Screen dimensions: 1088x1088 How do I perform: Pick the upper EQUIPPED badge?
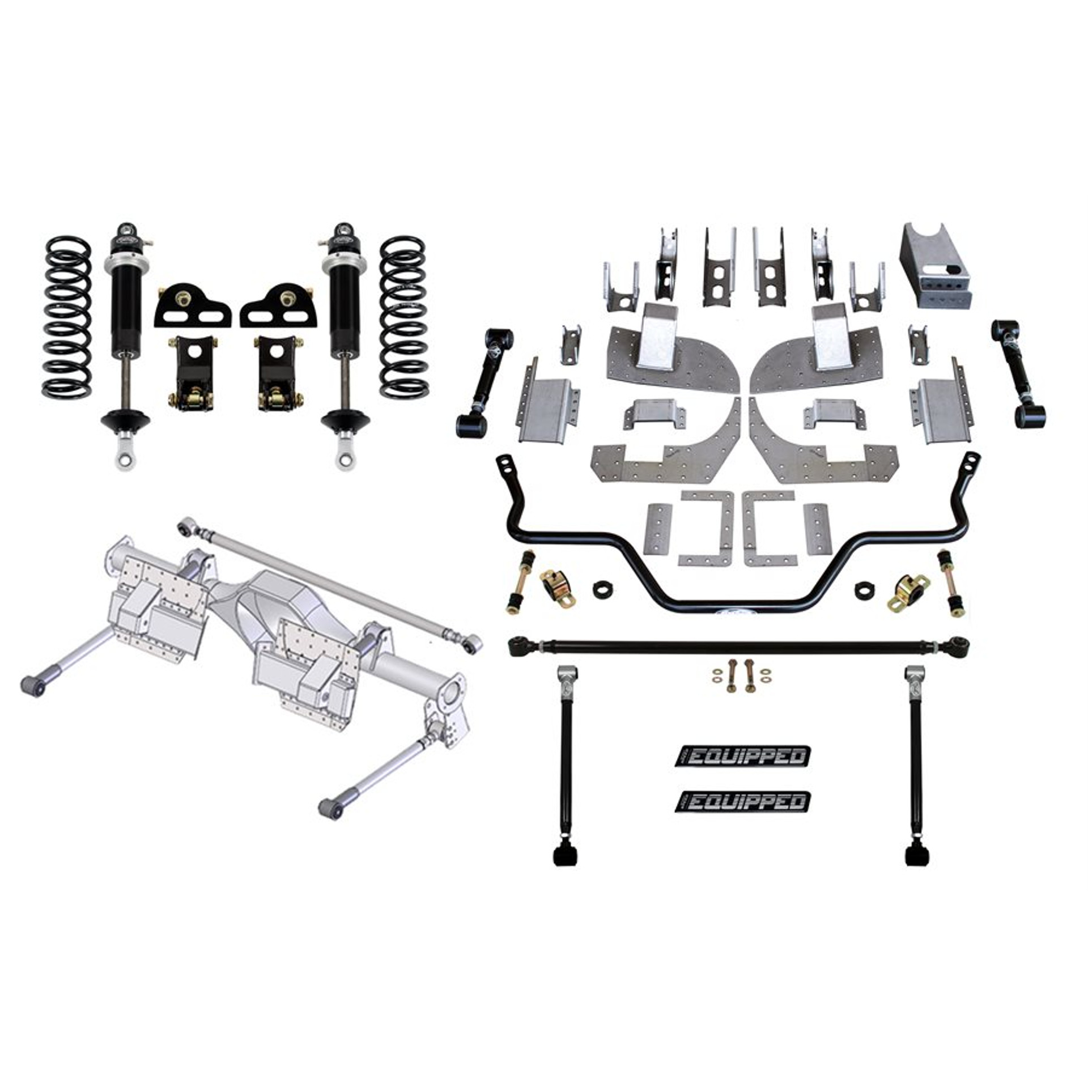[x=743, y=756]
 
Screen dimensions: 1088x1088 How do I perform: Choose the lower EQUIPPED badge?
[x=743, y=801]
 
